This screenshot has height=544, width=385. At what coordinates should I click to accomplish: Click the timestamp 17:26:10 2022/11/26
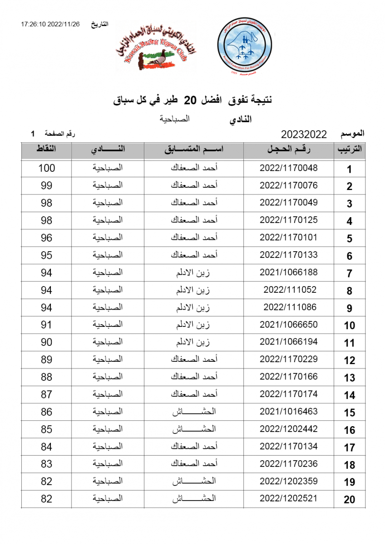pos(50,24)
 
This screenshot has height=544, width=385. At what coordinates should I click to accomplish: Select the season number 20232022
pos(304,134)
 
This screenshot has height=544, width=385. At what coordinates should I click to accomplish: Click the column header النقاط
pos(46,150)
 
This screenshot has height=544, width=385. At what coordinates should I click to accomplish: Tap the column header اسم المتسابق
pos(194,150)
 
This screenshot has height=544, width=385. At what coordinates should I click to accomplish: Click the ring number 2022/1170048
pos(289,168)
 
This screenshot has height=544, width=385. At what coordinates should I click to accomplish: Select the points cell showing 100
pos(46,168)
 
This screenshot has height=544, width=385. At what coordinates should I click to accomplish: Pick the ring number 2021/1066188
pos(289,272)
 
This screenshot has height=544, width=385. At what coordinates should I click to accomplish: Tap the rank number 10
pos(349,325)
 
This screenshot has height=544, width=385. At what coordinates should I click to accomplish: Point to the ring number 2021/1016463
pos(289,412)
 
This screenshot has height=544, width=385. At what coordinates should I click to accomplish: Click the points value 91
pos(46,325)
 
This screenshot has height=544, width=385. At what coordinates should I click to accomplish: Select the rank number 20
pos(349,500)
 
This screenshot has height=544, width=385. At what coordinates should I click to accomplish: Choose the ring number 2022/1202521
pos(289,499)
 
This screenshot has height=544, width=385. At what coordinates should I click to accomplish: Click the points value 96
pos(46,238)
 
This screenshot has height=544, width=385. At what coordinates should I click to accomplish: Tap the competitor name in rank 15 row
pos(194,412)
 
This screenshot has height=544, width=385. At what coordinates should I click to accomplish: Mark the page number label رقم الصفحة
pos(60,134)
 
